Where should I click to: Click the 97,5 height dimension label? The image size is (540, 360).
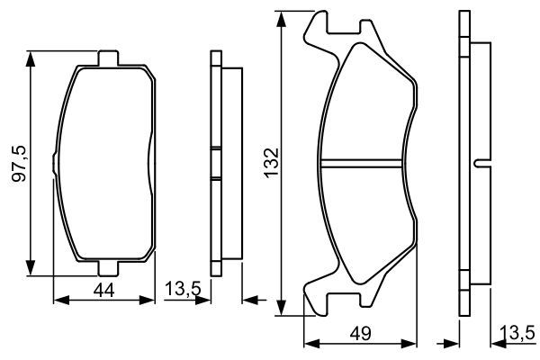pyautogui.click(x=19, y=164)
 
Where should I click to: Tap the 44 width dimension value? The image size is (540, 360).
pyautogui.click(x=104, y=291)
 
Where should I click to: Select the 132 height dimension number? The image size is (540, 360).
pyautogui.click(x=272, y=162)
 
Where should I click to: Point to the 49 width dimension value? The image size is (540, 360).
pyautogui.click(x=361, y=334)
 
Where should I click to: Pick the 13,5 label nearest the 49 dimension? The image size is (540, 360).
pyautogui.click(x=517, y=333)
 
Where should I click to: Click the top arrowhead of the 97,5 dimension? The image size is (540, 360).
pyautogui.click(x=31, y=59)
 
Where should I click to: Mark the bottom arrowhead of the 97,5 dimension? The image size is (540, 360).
pyautogui.click(x=31, y=268)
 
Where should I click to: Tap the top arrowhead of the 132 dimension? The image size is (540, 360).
pyautogui.click(x=282, y=19)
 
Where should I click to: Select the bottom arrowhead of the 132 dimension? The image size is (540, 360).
pyautogui.click(x=282, y=307)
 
